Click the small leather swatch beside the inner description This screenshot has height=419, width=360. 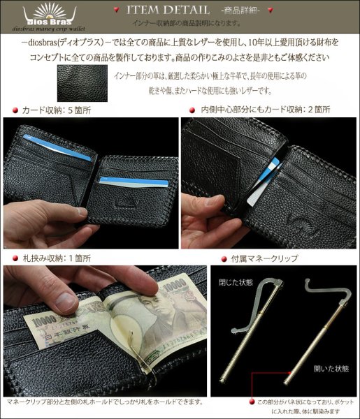[82, 82]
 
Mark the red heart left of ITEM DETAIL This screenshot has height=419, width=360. [115, 10]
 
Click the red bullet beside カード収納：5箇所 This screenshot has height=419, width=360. [15, 111]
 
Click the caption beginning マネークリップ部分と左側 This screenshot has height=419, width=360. [104, 402]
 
